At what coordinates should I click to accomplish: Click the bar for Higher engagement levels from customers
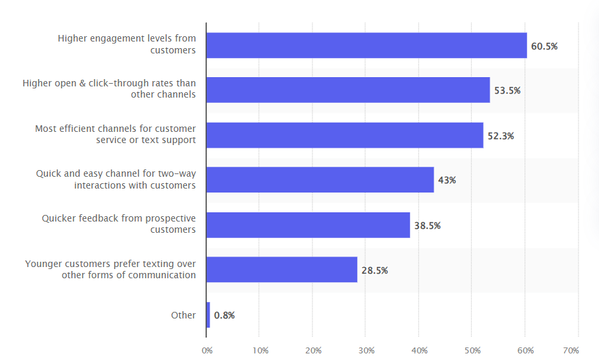[366, 45]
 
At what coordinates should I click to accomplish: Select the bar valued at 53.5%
[348, 90]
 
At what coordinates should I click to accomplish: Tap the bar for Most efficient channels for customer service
[345, 135]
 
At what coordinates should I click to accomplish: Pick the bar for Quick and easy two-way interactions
[320, 179]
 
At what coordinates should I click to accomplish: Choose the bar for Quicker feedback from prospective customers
[308, 225]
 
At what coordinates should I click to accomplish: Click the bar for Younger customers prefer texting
[282, 270]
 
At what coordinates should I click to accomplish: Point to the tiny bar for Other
[208, 315]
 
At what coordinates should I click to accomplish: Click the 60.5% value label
[544, 46]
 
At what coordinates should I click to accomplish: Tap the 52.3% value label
[501, 136]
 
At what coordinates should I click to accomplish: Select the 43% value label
[447, 180]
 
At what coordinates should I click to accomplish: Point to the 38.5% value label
[427, 225]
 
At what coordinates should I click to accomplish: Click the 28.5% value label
[374, 270]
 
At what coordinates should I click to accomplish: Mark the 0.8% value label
[224, 315]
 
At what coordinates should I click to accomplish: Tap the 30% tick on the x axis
[366, 350]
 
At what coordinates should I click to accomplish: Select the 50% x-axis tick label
[472, 350]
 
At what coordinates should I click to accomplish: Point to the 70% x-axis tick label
[571, 350]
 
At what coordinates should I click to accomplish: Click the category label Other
[183, 315]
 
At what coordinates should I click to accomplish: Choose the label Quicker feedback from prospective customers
[119, 224]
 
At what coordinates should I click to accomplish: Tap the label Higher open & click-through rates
[109, 89]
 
